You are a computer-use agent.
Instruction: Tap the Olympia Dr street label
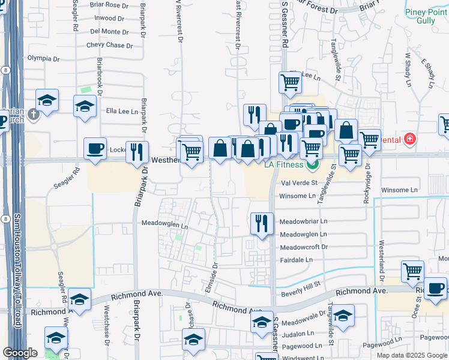point(44,58)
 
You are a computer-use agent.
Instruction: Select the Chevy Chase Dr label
point(109,45)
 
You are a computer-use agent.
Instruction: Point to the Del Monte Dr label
point(109,31)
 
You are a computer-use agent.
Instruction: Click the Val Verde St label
point(298,182)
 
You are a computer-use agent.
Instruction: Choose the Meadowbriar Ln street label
point(303,221)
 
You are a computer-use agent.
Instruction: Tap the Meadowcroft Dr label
point(304,247)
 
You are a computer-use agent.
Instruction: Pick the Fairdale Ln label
point(297,260)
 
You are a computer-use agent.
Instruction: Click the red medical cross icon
point(410,140)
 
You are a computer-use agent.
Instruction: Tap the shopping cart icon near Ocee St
point(412,271)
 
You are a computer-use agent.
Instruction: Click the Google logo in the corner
point(20,353)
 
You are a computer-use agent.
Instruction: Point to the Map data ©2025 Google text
point(411,355)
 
